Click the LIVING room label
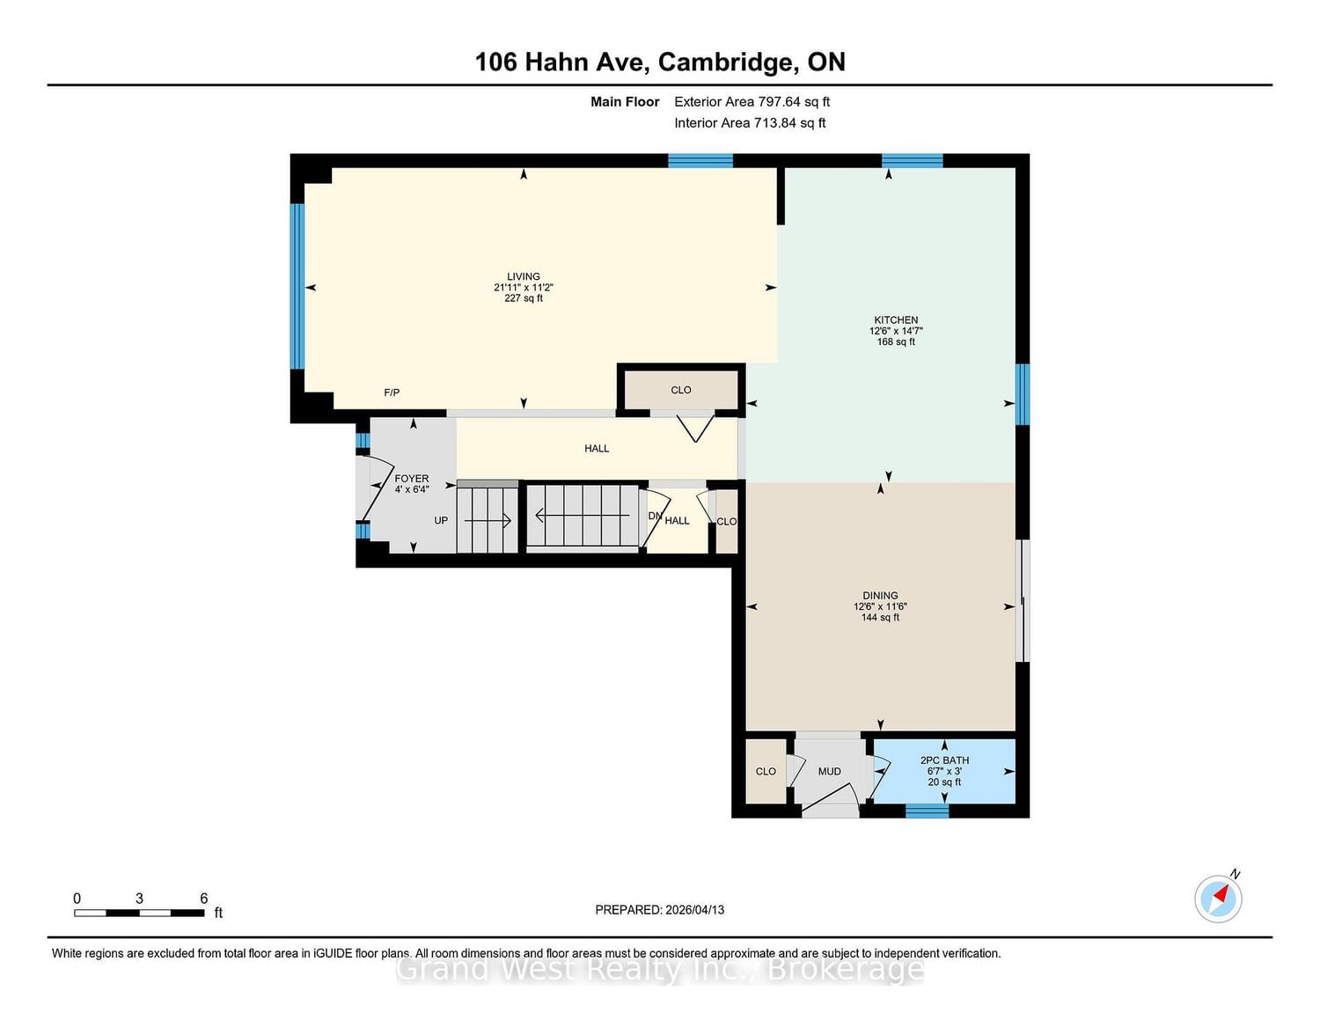(x=524, y=277)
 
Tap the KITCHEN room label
(x=896, y=320)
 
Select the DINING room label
(x=880, y=596)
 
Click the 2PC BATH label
(x=944, y=760)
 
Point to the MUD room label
(x=829, y=772)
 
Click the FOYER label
(x=411, y=479)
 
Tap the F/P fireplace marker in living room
(x=392, y=393)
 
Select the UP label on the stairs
(x=441, y=521)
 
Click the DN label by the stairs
(x=655, y=516)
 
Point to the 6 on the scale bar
(x=203, y=899)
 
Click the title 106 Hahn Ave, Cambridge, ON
(x=660, y=62)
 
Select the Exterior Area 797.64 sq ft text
(x=752, y=102)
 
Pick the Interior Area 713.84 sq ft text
(x=750, y=123)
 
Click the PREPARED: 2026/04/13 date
(x=659, y=910)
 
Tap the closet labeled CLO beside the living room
(x=681, y=390)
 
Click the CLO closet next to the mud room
(x=766, y=772)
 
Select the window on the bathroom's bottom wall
(x=928, y=811)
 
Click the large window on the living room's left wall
(x=297, y=286)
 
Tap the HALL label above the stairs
(x=597, y=449)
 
